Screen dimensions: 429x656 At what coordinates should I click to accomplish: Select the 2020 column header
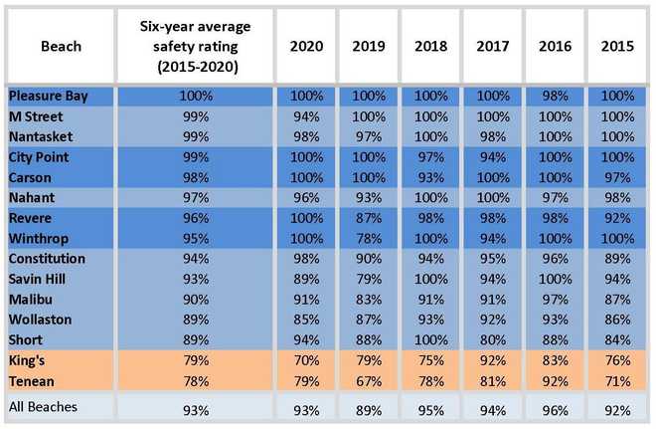305,47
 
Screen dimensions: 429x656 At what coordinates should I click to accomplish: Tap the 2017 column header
496,47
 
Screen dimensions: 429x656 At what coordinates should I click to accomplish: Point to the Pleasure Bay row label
49,96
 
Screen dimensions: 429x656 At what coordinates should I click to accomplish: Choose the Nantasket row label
40,135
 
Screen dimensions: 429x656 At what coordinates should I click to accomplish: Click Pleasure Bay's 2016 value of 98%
558,96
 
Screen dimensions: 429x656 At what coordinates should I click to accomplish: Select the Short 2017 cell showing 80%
496,337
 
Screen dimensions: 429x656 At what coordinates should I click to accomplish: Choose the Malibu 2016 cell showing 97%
558,298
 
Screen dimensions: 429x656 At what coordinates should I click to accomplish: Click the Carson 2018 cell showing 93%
432,176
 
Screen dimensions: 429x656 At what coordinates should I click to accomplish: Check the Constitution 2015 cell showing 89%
618,258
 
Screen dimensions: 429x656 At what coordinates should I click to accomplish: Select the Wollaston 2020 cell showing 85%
305,318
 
